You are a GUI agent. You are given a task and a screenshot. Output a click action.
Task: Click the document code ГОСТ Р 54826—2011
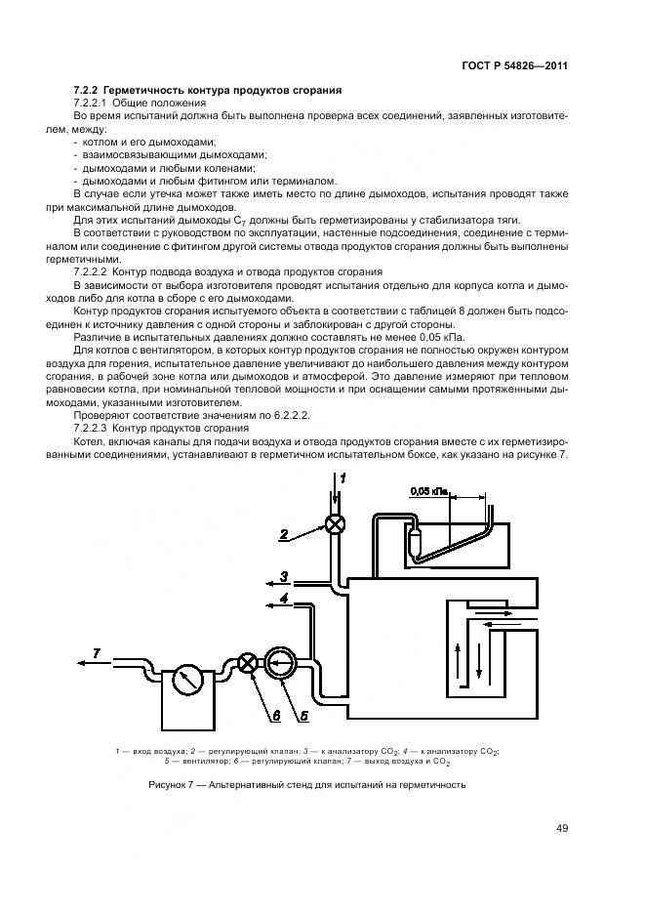point(515,65)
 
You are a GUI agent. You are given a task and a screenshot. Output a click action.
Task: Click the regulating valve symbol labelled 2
point(335,523)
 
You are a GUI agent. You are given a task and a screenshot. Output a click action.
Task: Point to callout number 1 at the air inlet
point(344,477)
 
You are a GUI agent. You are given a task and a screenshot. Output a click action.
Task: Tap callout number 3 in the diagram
point(284,575)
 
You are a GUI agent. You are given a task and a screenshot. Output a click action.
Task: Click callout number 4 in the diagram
point(284,598)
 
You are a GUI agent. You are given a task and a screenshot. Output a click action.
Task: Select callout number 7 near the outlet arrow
point(96,651)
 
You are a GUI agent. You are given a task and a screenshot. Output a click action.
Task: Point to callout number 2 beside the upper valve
point(283,534)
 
